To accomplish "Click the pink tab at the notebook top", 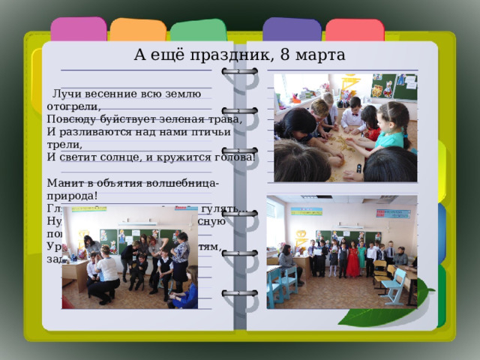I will point(78,30).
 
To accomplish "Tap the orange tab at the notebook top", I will point(138,31).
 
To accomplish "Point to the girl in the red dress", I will point(352,259).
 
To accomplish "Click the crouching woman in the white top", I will point(106,277).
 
